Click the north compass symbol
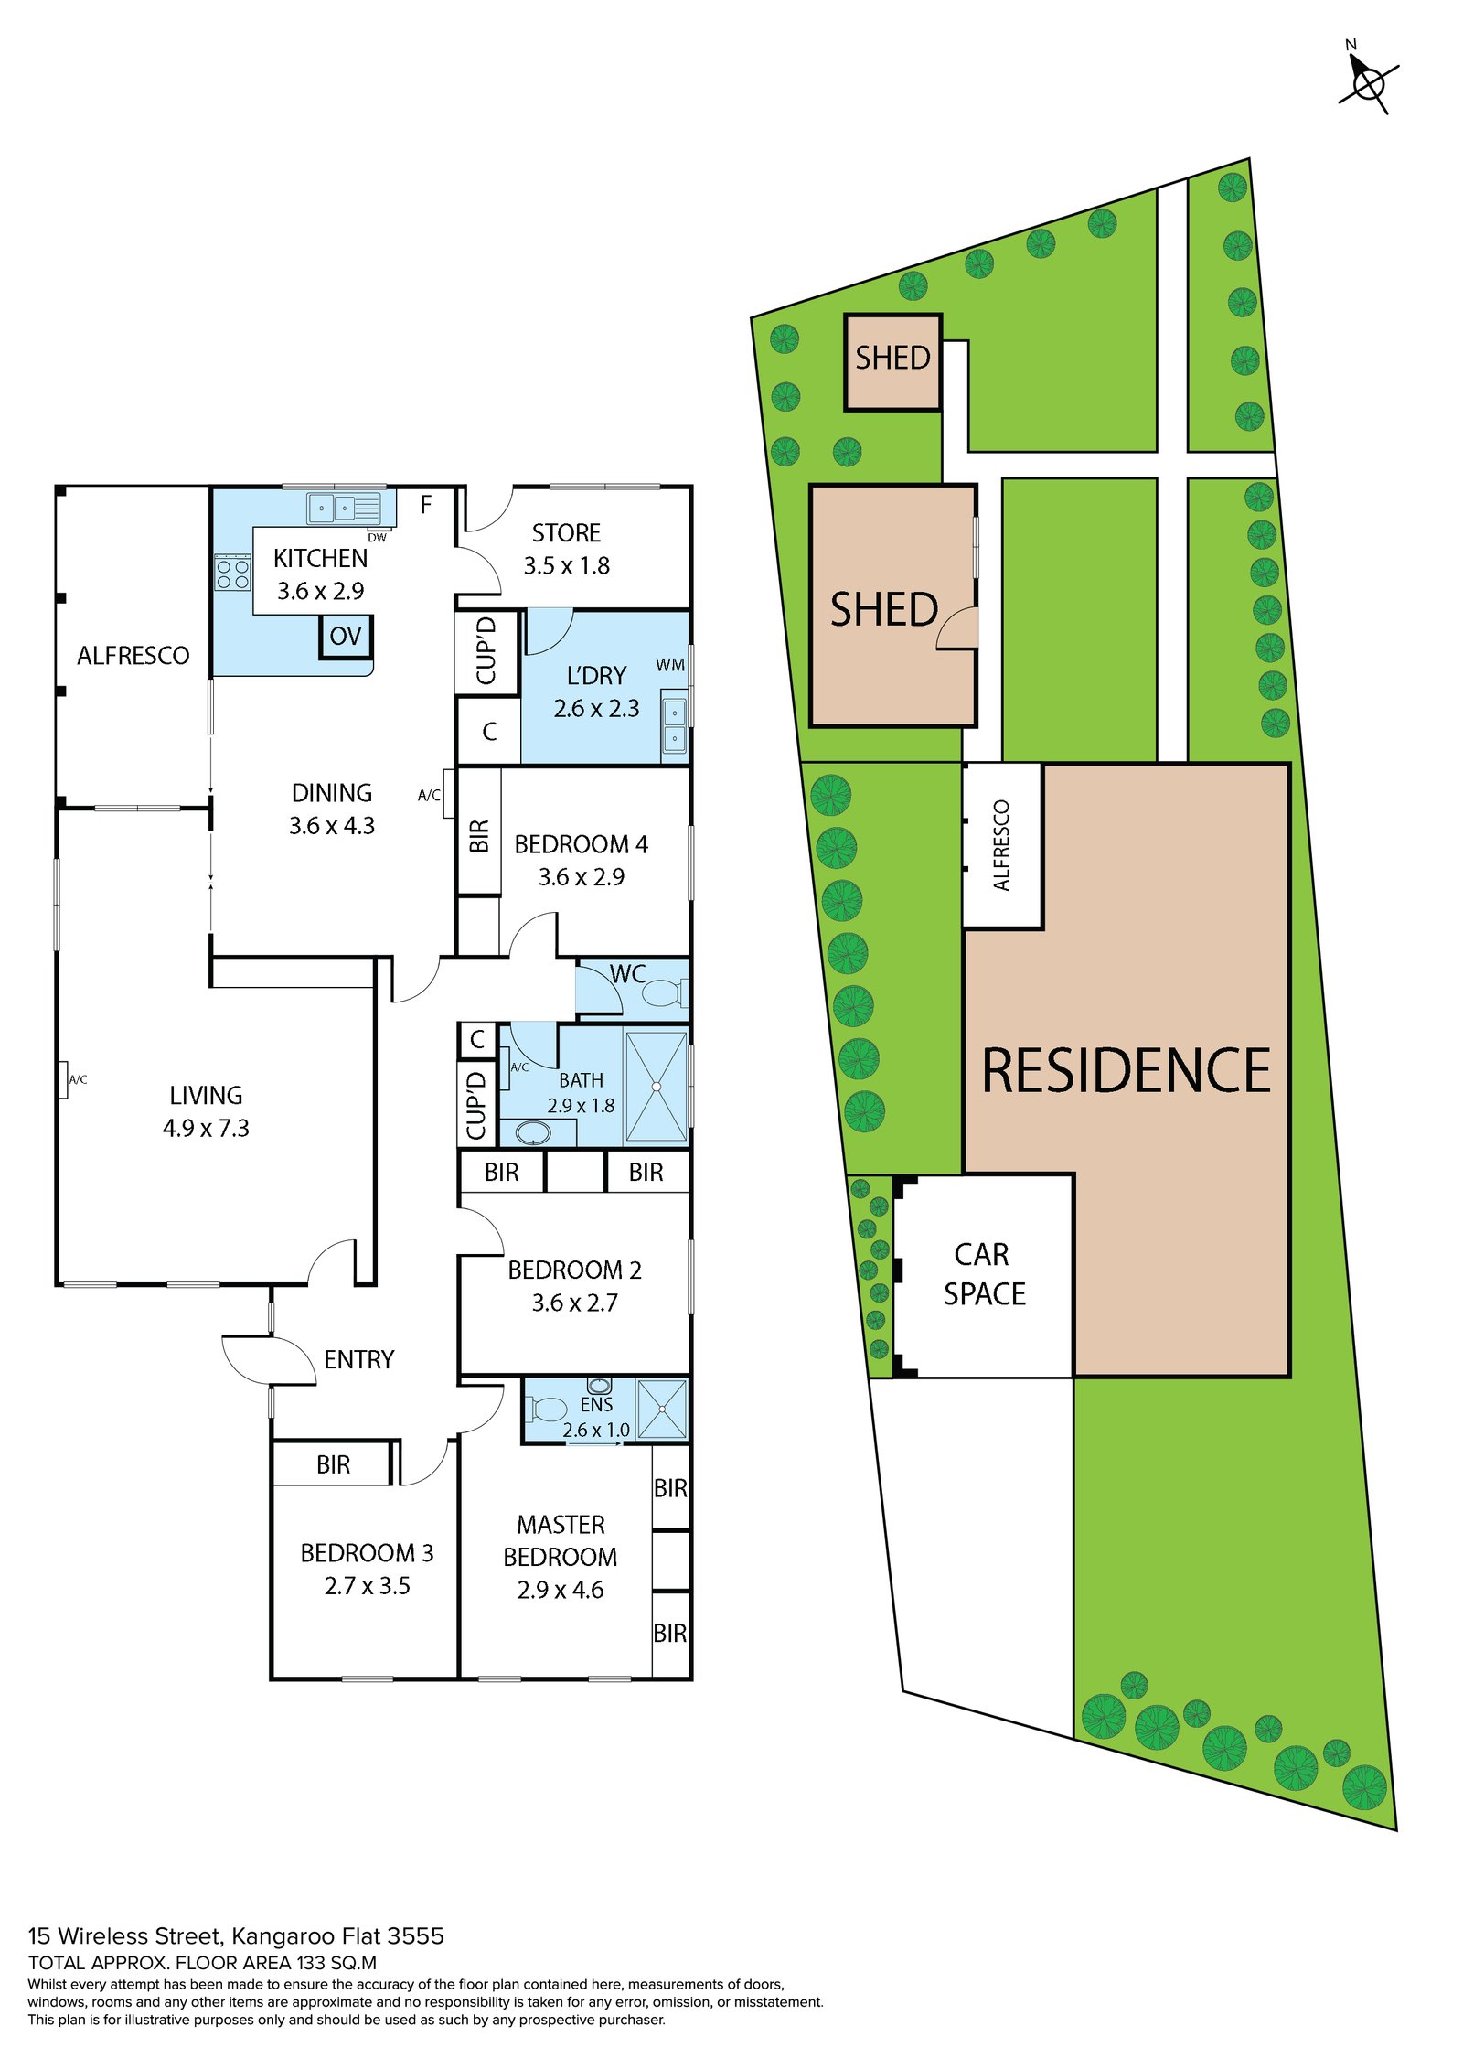(x=1368, y=84)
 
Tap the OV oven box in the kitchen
(x=346, y=637)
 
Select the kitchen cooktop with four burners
(x=232, y=574)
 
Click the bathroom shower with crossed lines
(x=656, y=1086)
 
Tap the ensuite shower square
(x=661, y=1409)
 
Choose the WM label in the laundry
(x=669, y=665)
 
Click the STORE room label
(x=566, y=533)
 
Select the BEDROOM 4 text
(x=581, y=844)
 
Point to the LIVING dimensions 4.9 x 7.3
(x=206, y=1129)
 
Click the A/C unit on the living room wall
(x=62, y=1079)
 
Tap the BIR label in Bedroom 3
(x=333, y=1465)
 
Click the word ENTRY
(x=358, y=1360)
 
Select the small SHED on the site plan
(x=892, y=362)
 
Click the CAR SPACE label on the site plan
(x=984, y=1274)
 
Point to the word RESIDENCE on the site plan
(x=1126, y=1071)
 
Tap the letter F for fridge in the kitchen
(x=425, y=505)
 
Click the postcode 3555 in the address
(x=415, y=1935)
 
